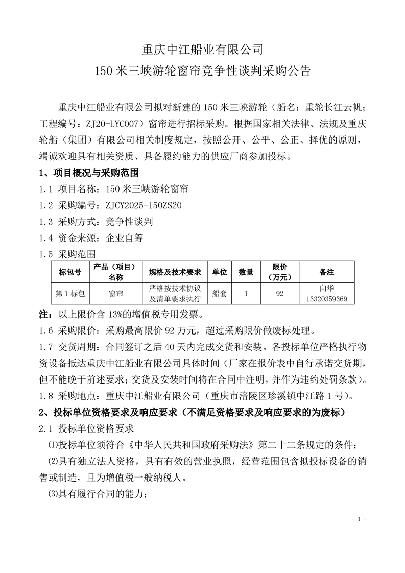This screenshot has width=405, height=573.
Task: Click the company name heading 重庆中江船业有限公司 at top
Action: click(202, 50)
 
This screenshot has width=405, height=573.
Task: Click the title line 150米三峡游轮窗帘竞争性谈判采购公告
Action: click(202, 71)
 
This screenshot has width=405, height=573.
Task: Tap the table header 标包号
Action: click(70, 272)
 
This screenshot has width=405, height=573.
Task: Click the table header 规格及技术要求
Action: click(175, 272)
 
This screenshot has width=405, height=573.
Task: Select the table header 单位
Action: click(220, 272)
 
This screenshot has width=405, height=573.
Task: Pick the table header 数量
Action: click(246, 272)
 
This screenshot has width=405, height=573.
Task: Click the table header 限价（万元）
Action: click(279, 272)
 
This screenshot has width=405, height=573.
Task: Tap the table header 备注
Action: click(326, 272)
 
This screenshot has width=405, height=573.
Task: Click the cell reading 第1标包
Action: click(70, 294)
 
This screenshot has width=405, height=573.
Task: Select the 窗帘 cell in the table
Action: click(115, 294)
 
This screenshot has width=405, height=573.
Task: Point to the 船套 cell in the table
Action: click(220, 294)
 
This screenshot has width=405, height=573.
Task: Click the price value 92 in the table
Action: click(279, 294)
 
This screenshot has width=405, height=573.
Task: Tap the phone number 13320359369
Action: click(326, 298)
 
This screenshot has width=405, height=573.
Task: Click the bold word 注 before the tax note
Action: click(43, 313)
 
